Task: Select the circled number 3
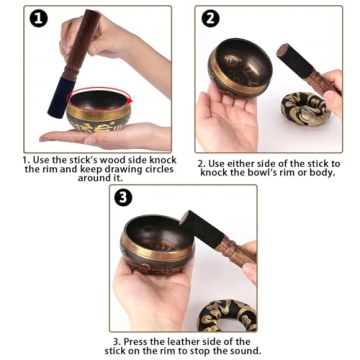[x=121, y=197]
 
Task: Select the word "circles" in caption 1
[x=134, y=169]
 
